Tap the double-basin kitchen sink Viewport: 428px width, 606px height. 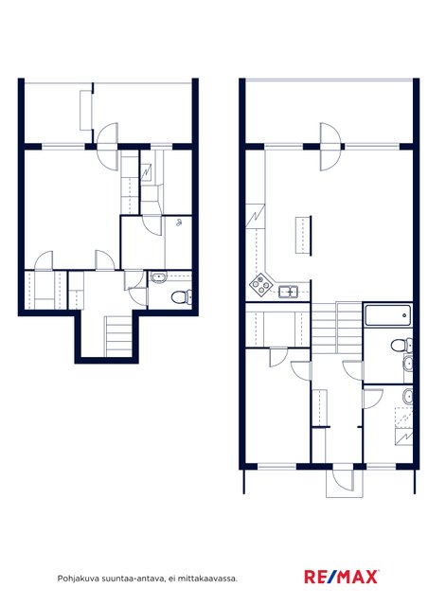(x=288, y=292)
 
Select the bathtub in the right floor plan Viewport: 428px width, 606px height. (x=388, y=315)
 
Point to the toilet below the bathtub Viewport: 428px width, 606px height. (x=401, y=345)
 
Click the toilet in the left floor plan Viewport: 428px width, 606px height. (x=181, y=297)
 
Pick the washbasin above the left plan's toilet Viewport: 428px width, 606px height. (x=158, y=277)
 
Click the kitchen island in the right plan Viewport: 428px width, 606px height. (x=304, y=236)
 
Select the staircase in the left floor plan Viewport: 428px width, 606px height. (x=119, y=336)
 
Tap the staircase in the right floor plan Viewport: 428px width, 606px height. (x=337, y=328)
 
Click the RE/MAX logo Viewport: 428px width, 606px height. (x=342, y=577)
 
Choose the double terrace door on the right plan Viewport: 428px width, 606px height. (x=330, y=147)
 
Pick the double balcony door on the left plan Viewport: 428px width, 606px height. (x=107, y=146)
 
